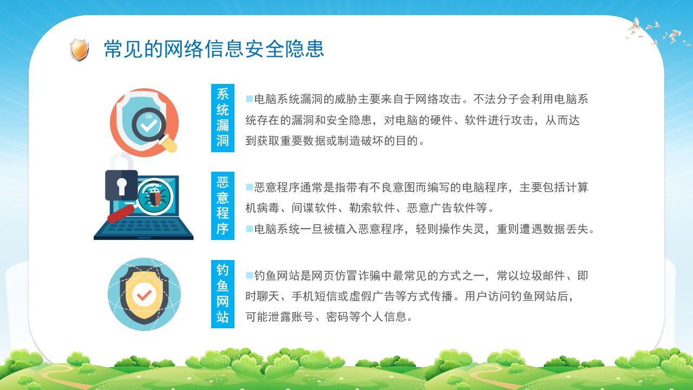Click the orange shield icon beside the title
coord(79,49)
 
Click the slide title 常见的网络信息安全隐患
coord(214,49)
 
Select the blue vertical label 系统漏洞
coord(223,118)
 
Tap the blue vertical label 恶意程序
coord(223,205)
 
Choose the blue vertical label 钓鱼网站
coord(223,294)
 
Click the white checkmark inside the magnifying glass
coord(149,125)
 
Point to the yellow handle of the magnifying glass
coord(168,144)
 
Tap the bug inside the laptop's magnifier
coord(154,196)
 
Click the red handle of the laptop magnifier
coord(121,214)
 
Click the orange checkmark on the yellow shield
coord(144,295)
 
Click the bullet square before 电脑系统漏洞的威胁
coord(250,99)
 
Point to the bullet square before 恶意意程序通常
coord(250,187)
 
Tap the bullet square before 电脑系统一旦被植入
coord(250,229)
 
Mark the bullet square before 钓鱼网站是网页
coord(250,275)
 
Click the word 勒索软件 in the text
coord(372,208)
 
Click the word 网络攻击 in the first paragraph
coord(438,99)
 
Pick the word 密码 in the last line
coord(337,317)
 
